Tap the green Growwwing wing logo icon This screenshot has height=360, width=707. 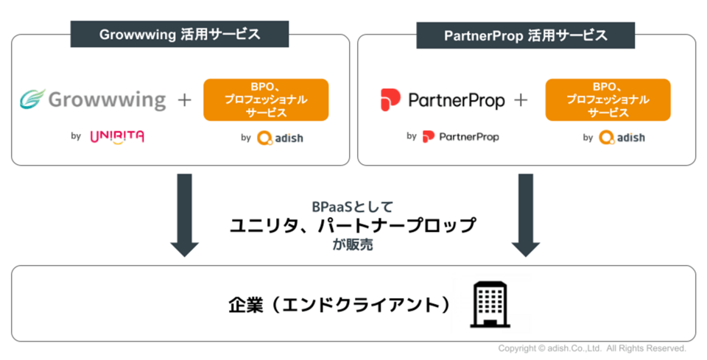point(33,99)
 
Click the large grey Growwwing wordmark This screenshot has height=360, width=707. point(107,99)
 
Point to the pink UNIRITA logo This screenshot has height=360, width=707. point(116,136)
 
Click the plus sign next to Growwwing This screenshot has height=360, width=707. point(184,99)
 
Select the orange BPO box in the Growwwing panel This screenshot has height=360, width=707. point(265,99)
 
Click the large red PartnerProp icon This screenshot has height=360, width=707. point(390,99)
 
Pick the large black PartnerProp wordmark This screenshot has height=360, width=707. point(456,99)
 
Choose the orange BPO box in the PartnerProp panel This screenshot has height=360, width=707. point(608,99)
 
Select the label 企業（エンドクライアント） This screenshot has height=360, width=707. point(340,304)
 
